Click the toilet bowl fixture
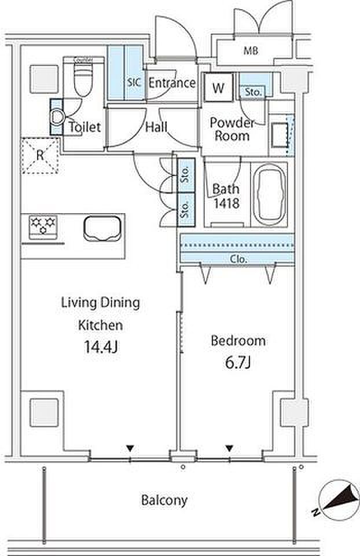[83, 76]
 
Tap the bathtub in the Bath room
[269, 195]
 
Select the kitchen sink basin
[102, 229]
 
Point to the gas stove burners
[43, 225]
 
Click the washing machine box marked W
[219, 87]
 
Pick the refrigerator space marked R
[40, 156]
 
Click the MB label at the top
[251, 51]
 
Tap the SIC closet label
[134, 83]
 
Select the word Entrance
[172, 83]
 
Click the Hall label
[156, 127]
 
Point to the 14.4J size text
[101, 347]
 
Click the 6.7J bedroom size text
[238, 363]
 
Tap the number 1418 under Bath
[226, 203]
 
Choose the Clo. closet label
[238, 259]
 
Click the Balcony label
[164, 500]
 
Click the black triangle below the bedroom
[230, 448]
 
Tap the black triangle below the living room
[130, 448]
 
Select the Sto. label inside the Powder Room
[254, 92]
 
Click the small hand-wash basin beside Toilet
[57, 117]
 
